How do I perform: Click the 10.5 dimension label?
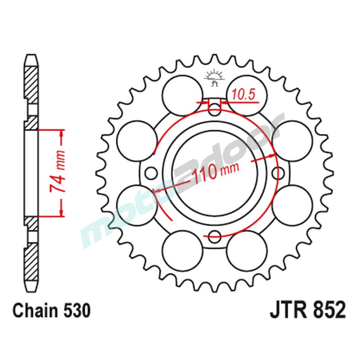coord(243,95)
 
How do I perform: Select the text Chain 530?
coord(51,310)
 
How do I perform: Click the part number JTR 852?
coord(307,310)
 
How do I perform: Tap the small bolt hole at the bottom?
coord(215,237)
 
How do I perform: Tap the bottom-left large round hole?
coord(183,251)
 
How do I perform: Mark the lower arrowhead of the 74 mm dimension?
coord(62,212)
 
